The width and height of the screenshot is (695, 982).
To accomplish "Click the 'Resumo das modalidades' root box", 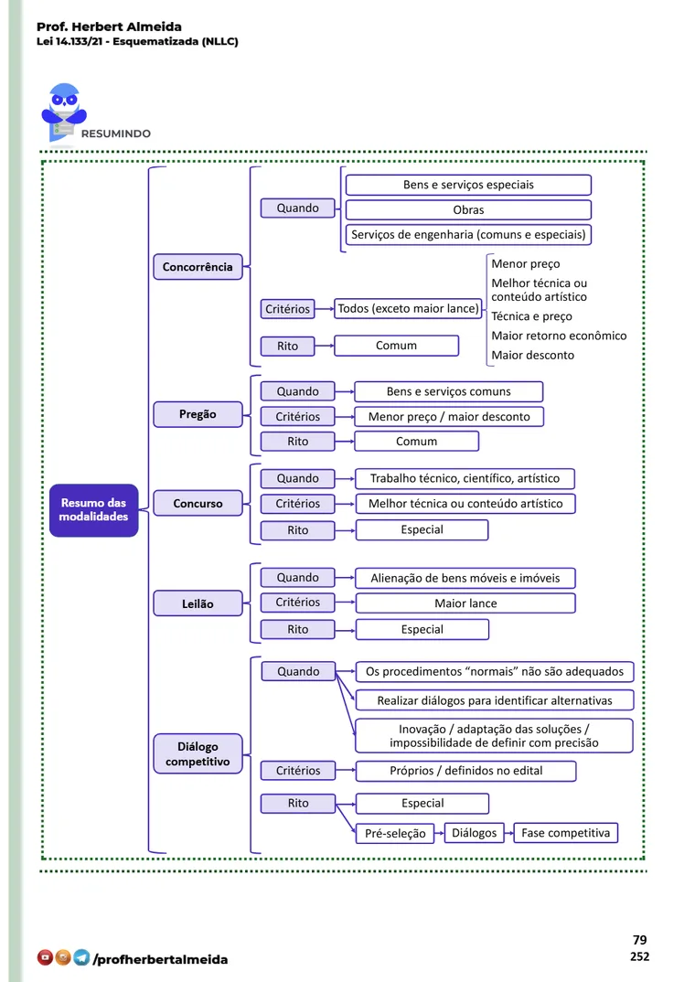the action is pyautogui.click(x=94, y=510).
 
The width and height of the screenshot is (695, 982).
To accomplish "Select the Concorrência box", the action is pyautogui.click(x=198, y=267).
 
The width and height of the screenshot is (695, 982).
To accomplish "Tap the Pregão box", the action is pyautogui.click(x=198, y=414).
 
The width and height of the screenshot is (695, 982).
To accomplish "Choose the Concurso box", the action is pyautogui.click(x=198, y=504).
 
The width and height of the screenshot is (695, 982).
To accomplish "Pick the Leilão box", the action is pyautogui.click(x=198, y=603).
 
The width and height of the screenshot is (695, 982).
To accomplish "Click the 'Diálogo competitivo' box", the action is pyautogui.click(x=198, y=754).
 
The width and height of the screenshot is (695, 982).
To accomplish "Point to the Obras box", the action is pyautogui.click(x=468, y=209).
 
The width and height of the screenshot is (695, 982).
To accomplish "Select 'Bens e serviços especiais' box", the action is pyautogui.click(x=468, y=185).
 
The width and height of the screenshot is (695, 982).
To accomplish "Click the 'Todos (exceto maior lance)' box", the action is pyautogui.click(x=408, y=308).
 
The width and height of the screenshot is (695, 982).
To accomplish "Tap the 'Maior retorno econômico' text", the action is pyautogui.click(x=559, y=336).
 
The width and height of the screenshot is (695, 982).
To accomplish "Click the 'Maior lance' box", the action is pyautogui.click(x=465, y=603).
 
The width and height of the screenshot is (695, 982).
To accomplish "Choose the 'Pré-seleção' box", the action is pyautogui.click(x=395, y=834).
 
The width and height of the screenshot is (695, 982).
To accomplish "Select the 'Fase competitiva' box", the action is pyautogui.click(x=565, y=833).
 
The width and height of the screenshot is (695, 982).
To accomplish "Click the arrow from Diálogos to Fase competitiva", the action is pyautogui.click(x=509, y=833).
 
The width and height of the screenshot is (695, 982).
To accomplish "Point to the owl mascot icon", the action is pyautogui.click(x=63, y=112).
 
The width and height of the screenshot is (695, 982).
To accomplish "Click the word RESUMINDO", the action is pyautogui.click(x=116, y=133).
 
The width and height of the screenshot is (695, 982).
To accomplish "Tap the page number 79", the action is pyautogui.click(x=640, y=940).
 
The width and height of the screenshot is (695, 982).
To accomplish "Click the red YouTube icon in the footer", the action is pyautogui.click(x=45, y=957).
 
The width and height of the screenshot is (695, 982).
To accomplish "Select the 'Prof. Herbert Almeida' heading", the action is pyautogui.click(x=109, y=27).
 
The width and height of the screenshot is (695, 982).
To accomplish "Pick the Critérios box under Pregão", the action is pyautogui.click(x=297, y=416).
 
